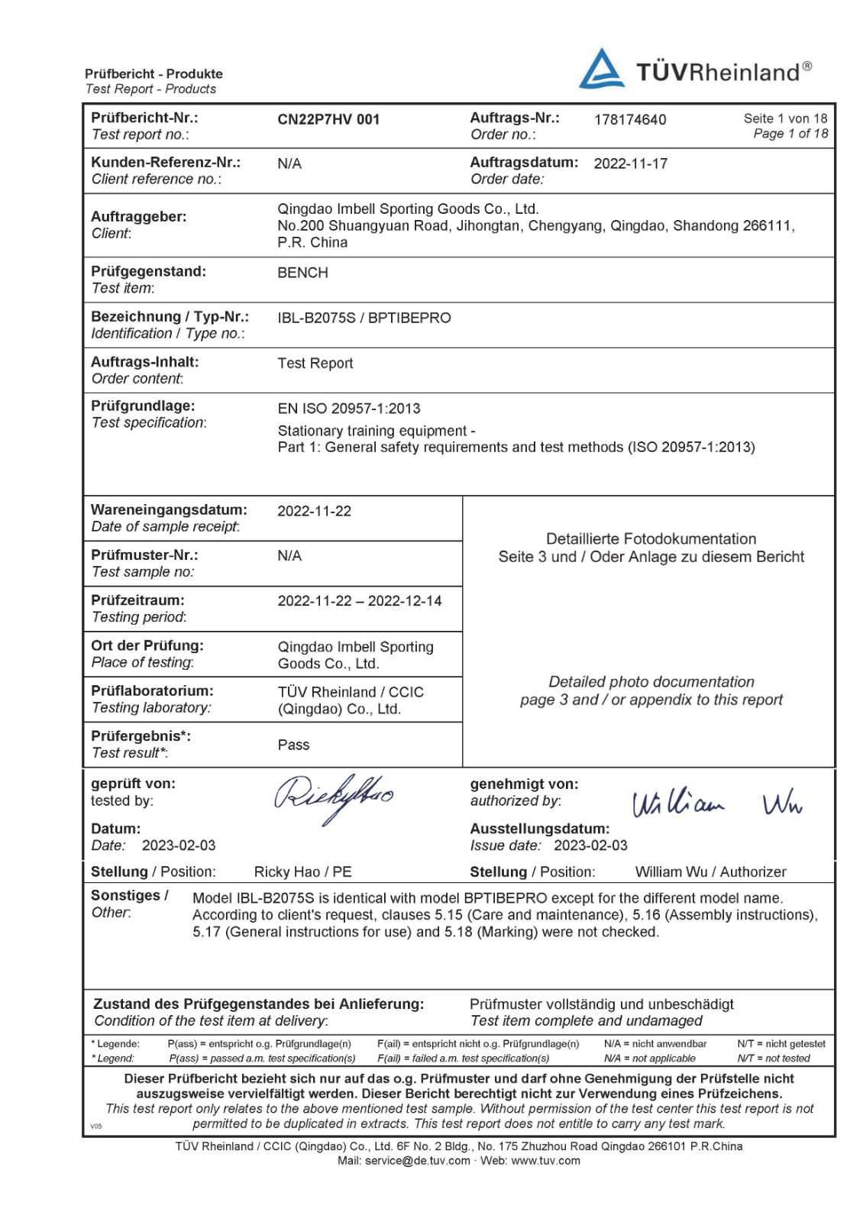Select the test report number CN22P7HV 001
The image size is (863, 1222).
[x=328, y=119]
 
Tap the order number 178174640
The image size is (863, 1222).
[x=630, y=119]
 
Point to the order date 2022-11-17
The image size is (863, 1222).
[x=631, y=163]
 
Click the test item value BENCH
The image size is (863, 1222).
[x=302, y=273]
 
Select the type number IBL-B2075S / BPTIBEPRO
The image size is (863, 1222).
[x=364, y=318]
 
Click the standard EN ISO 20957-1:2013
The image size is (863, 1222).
[x=349, y=409]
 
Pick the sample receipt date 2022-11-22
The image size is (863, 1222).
[x=314, y=511]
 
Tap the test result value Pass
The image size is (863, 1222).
[x=293, y=745]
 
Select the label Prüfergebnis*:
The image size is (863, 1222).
[x=141, y=736]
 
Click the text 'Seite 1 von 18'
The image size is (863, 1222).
[x=785, y=118]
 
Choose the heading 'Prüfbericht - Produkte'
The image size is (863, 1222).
[x=154, y=74]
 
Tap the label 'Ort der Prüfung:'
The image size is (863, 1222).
[x=147, y=645]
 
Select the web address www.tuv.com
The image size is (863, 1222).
[x=545, y=1161]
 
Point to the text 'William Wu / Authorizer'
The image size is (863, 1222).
[x=710, y=871]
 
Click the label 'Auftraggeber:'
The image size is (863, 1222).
[x=138, y=217]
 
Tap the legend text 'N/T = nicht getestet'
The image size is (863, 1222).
[x=781, y=1043]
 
